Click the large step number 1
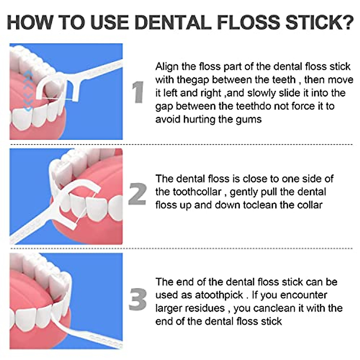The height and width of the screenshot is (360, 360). [x=138, y=92]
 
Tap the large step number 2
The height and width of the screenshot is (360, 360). [x=137, y=194]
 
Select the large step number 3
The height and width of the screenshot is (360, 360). [x=138, y=299]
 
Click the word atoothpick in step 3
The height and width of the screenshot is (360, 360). [x=219, y=295]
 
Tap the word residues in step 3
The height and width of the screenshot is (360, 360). [x=205, y=308]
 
